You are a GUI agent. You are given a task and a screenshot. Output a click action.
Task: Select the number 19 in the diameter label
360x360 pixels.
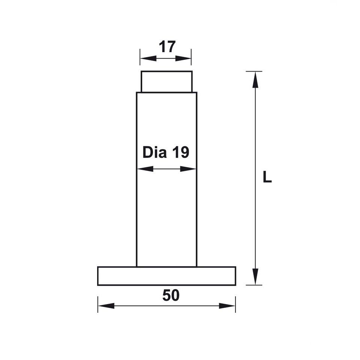click(180, 153)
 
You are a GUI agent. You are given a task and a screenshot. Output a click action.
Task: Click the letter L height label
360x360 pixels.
click(267, 177)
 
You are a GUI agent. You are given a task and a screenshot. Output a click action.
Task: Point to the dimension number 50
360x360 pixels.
click(171, 296)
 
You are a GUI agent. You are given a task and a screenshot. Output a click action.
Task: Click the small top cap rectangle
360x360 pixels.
click(166, 81)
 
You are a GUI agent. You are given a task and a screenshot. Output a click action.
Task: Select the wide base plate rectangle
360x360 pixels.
click(166, 276)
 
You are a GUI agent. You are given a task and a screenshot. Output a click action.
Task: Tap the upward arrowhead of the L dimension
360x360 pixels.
click(255, 79)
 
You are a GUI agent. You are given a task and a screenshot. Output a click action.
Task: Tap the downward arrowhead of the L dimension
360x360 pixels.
click(255, 277)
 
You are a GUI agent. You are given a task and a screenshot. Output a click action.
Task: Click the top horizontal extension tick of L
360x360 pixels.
click(254, 71)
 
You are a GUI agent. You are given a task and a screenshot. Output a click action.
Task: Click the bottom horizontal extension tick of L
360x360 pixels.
click(254, 285)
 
